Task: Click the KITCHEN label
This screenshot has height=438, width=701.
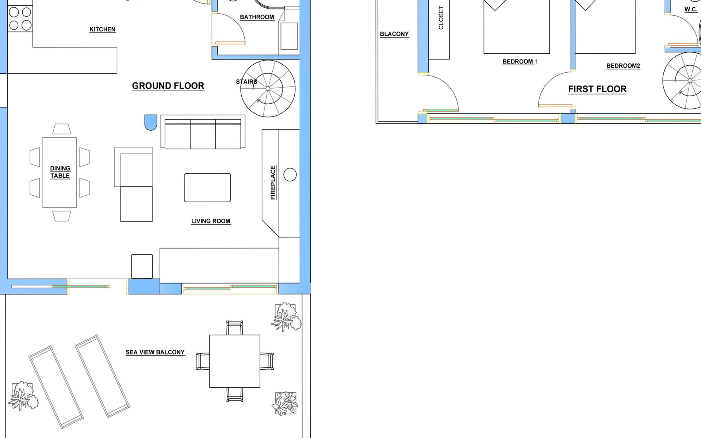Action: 102,30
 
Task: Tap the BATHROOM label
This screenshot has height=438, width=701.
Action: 257,17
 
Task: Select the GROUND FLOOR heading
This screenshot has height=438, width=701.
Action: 168,86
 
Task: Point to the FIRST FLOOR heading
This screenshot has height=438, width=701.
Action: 597,89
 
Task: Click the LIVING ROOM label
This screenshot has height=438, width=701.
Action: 211,221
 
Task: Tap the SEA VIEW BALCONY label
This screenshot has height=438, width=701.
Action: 155,352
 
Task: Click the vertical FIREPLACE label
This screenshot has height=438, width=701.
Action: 273,182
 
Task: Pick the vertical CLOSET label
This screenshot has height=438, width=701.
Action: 441,18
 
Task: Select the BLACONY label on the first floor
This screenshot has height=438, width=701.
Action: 394,34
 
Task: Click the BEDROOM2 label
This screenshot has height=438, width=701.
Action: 623,66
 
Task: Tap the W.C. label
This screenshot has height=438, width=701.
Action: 691,9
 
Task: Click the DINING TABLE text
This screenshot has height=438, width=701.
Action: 60,172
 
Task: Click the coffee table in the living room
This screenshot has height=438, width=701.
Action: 207,188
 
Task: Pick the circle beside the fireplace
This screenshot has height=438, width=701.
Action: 290,175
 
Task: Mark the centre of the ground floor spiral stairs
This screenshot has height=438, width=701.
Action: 268,89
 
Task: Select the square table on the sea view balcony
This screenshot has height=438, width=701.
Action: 235,361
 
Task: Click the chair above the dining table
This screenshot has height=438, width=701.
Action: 62,129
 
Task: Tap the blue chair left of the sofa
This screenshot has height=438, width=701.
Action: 151,122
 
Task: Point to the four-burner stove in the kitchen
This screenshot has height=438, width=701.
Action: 20,19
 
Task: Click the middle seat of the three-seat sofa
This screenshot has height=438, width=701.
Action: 203,134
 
